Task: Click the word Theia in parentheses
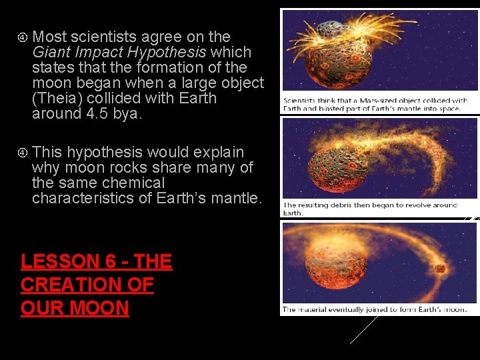pos(56,98)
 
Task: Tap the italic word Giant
pos(50,52)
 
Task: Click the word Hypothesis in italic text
pos(168,52)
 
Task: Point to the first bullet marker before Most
pos(23,37)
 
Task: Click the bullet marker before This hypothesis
pos(23,153)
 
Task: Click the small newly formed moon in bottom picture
pos(439,269)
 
